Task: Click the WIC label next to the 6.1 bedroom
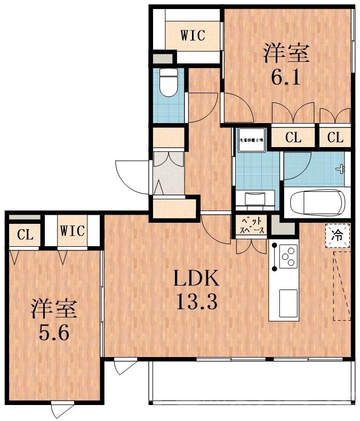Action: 193,36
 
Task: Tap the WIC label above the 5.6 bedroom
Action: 72,231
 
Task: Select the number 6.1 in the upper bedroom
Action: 285,77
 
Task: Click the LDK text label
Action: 196,279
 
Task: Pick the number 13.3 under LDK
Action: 196,303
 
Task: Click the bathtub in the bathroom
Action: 315,203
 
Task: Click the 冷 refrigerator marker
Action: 338,235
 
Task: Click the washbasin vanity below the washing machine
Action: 255,198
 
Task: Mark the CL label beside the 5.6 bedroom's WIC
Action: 23,234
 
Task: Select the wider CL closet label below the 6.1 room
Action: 293,137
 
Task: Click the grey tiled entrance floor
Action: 168,173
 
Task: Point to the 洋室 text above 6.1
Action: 285,54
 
